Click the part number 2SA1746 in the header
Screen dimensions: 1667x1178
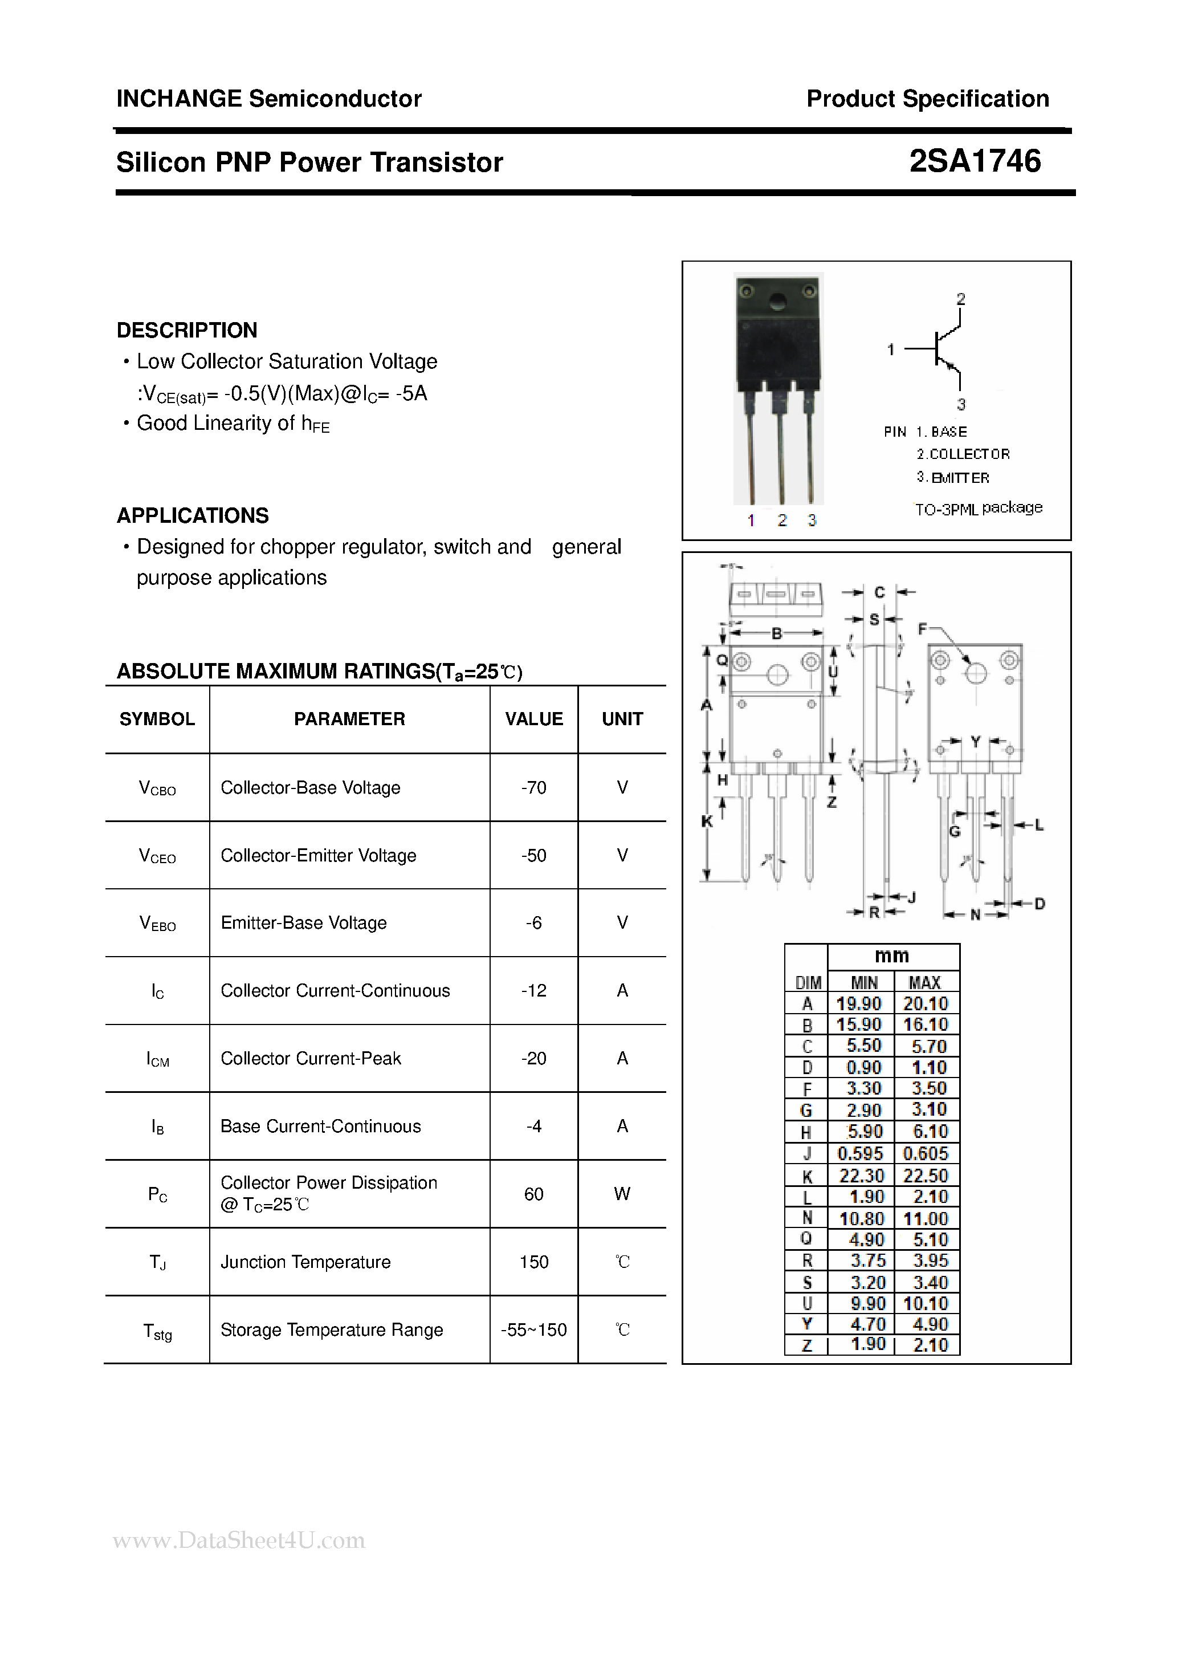click(974, 161)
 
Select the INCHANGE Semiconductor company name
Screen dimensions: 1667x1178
click(268, 99)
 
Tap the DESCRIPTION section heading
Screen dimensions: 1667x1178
click(186, 330)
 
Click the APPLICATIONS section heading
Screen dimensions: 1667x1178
click(192, 515)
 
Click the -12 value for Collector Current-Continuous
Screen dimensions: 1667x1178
click(533, 991)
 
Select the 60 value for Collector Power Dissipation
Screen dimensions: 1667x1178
click(533, 1194)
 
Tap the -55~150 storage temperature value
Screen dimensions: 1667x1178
click(533, 1330)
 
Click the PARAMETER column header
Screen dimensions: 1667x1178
click(349, 719)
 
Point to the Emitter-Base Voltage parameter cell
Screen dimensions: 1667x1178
click(303, 923)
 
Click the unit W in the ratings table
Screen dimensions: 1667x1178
click(622, 1194)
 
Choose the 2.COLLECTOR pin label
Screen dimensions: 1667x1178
click(963, 454)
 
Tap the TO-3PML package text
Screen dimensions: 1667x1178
click(977, 508)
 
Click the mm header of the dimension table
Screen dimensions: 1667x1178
click(892, 956)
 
